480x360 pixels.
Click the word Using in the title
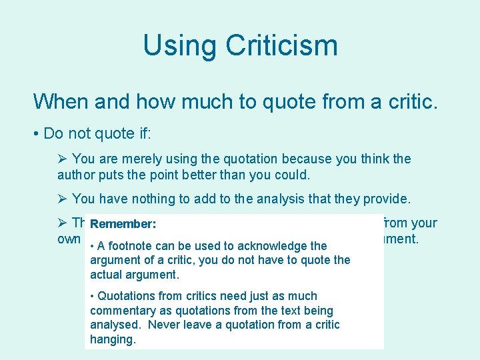[179, 45]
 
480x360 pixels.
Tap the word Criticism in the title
[281, 45]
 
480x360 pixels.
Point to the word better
[194, 176]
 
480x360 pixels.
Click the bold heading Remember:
[123, 224]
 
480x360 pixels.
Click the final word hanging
[113, 339]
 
